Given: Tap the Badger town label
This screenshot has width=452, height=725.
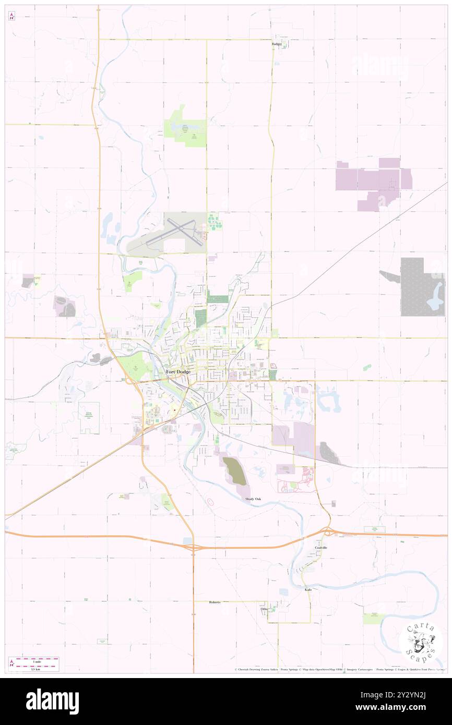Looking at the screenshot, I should point(277,44).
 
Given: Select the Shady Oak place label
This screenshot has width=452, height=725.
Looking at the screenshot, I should point(253,499).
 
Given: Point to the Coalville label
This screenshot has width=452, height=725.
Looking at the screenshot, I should point(320,548).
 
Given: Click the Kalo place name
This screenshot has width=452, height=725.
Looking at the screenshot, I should point(308,589).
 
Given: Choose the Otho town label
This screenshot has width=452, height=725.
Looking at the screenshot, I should point(264,609).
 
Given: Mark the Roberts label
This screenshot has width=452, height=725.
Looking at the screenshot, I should point(215,602).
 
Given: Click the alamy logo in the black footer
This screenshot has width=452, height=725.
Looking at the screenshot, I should point(52,701).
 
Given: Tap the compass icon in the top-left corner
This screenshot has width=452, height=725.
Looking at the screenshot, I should point(11,16).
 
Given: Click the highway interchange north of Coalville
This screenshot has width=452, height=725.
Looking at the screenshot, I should point(328,532).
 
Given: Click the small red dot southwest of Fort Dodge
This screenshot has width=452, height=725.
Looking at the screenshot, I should point(174,410).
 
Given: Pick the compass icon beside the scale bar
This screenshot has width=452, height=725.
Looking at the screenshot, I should point(11,663).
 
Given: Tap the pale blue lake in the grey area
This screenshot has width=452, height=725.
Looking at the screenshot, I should point(434,301).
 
